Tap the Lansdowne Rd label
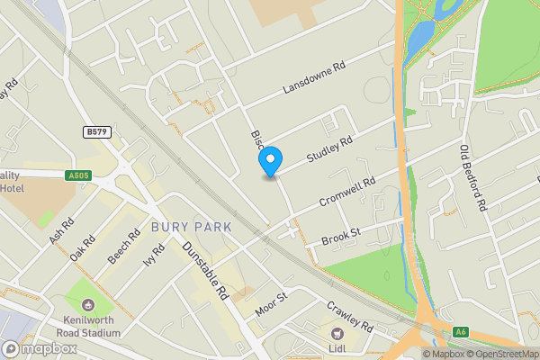pyautogui.click(x=314, y=78)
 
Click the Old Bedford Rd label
pyautogui.click(x=472, y=179)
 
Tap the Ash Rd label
pyautogui.click(x=62, y=232)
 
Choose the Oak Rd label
pyautogui.click(x=83, y=248)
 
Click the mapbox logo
pyautogui.click(x=38, y=349)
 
